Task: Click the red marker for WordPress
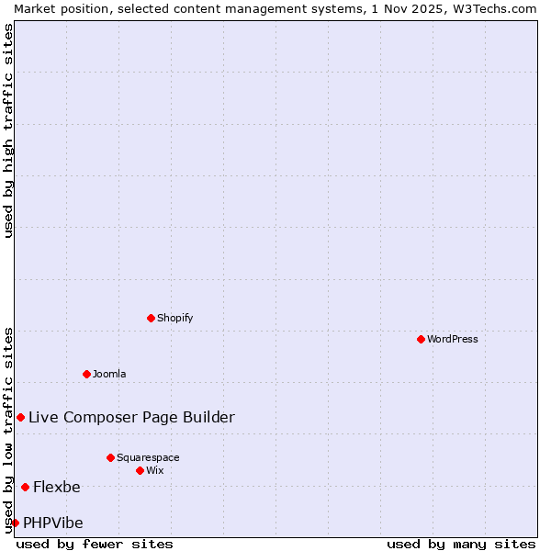tap(421, 339)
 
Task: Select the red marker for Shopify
tap(151, 318)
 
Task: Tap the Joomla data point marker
tap(86, 374)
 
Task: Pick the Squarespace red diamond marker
tap(110, 457)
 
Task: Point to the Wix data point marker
tap(140, 470)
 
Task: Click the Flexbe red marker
tap(25, 487)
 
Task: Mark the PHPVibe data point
tap(15, 523)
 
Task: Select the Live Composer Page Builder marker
tap(20, 417)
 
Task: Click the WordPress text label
tap(452, 339)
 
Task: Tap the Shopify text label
tap(174, 318)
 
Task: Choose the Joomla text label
tap(109, 374)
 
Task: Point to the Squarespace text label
tap(148, 457)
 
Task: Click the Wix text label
tap(154, 470)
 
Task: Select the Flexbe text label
tap(57, 487)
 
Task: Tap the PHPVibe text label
tap(53, 523)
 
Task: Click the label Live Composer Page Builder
tap(131, 417)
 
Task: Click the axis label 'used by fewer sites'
tap(95, 544)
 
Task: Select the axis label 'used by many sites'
tap(461, 544)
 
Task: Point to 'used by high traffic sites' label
tap(8, 130)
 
